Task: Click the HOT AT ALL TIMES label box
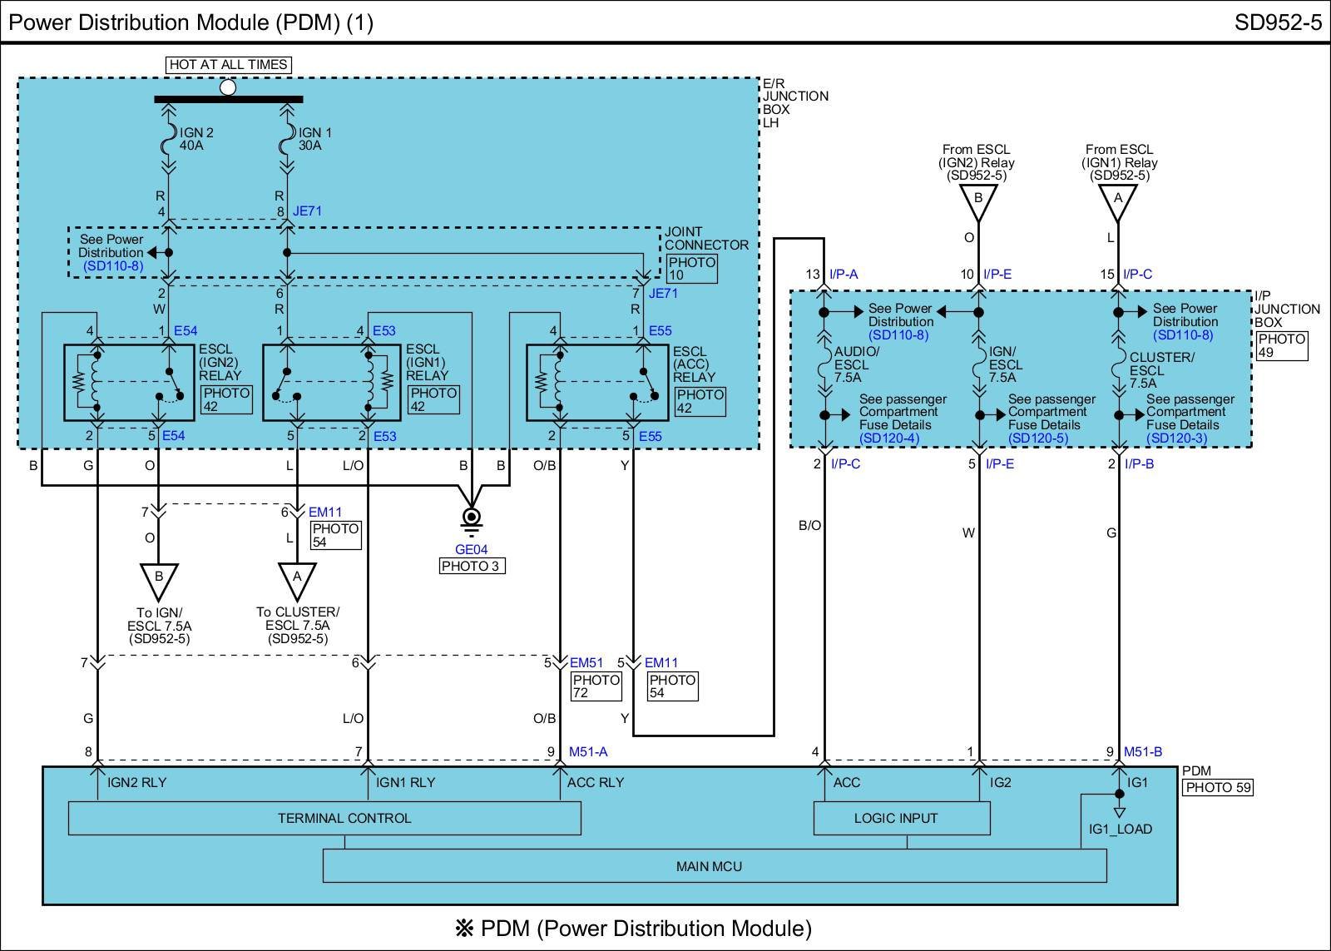click(x=228, y=64)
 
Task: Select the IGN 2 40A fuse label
click(x=196, y=139)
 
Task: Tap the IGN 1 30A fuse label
click(x=315, y=139)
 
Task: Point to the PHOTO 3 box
click(x=472, y=566)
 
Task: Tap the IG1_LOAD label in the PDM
click(x=1121, y=829)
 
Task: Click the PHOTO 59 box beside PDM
click(x=1218, y=787)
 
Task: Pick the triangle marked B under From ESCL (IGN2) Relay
click(x=978, y=199)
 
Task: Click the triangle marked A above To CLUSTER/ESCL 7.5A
click(x=297, y=577)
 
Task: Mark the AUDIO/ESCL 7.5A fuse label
click(x=857, y=364)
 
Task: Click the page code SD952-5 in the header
click(x=1278, y=22)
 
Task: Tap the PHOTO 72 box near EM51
click(x=596, y=686)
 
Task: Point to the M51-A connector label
click(x=588, y=751)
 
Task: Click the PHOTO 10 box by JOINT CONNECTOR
click(x=691, y=269)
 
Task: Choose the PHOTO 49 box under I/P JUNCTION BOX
click(x=1281, y=345)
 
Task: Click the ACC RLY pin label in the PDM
click(x=595, y=782)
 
